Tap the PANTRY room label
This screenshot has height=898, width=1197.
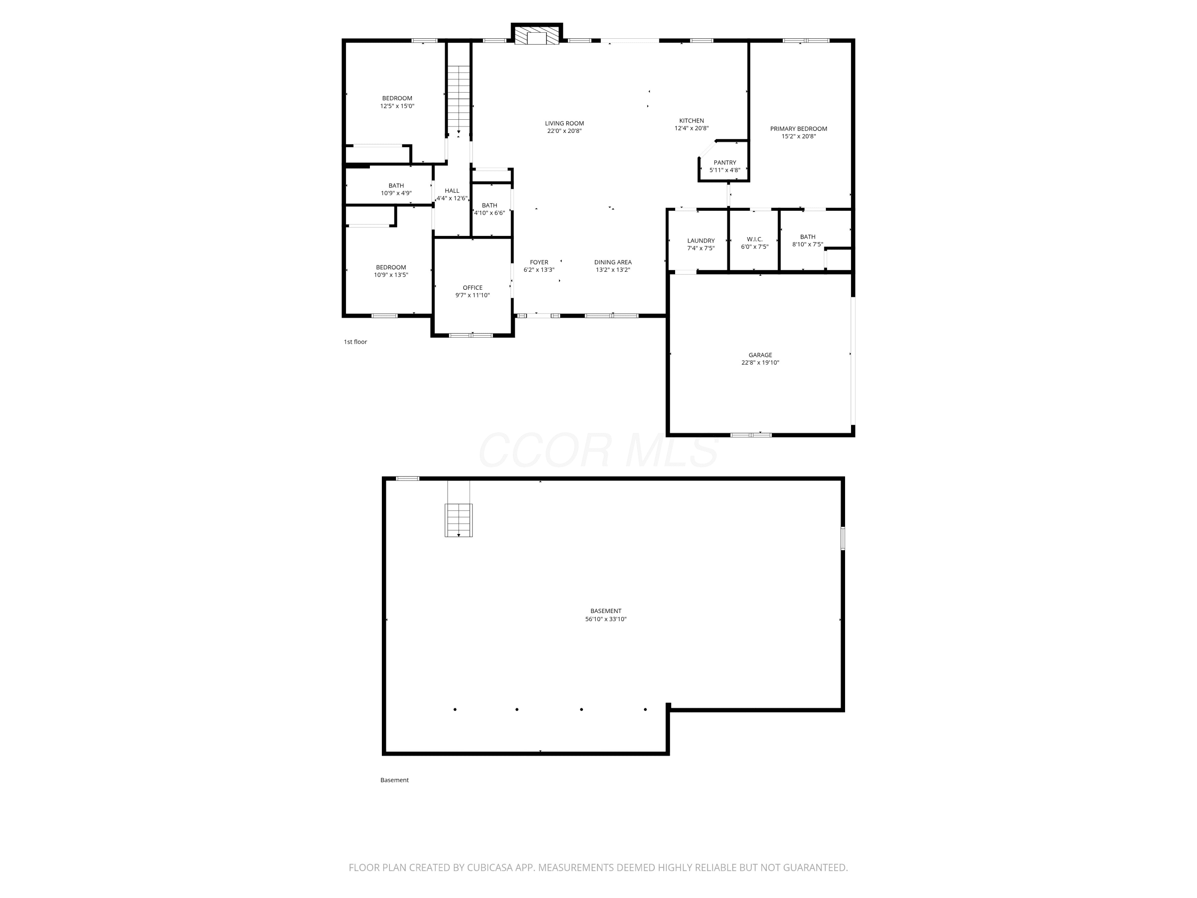pos(725,162)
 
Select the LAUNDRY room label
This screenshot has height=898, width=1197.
pos(701,241)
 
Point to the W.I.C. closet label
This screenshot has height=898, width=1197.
pos(755,239)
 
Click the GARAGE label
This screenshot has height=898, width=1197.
pos(760,355)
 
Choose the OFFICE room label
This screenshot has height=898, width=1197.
pos(472,288)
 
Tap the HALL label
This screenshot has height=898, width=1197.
pos(452,190)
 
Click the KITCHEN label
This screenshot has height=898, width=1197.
pos(691,121)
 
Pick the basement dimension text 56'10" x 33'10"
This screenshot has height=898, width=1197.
pos(606,619)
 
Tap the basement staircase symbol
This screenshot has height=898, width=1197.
pos(458,520)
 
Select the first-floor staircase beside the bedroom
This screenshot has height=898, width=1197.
pos(458,100)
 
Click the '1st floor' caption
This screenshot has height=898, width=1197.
pos(356,342)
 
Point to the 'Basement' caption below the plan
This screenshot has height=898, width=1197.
pos(395,780)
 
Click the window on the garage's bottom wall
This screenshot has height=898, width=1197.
pos(751,435)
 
